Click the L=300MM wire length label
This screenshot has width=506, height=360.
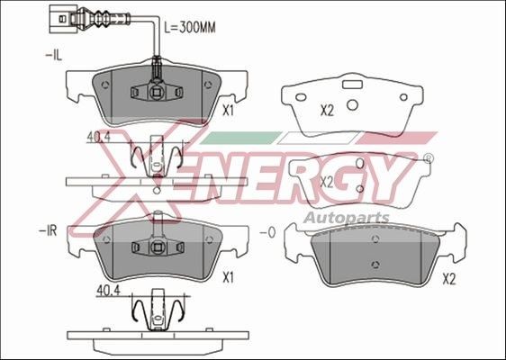192,26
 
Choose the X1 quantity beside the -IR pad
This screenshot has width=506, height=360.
229,279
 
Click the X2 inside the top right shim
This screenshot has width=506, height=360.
328,111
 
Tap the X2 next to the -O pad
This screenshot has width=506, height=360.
449,279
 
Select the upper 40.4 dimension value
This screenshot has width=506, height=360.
97,137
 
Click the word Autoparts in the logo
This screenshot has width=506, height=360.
346,218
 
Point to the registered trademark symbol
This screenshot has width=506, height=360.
427,158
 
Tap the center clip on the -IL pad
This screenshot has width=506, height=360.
156,90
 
